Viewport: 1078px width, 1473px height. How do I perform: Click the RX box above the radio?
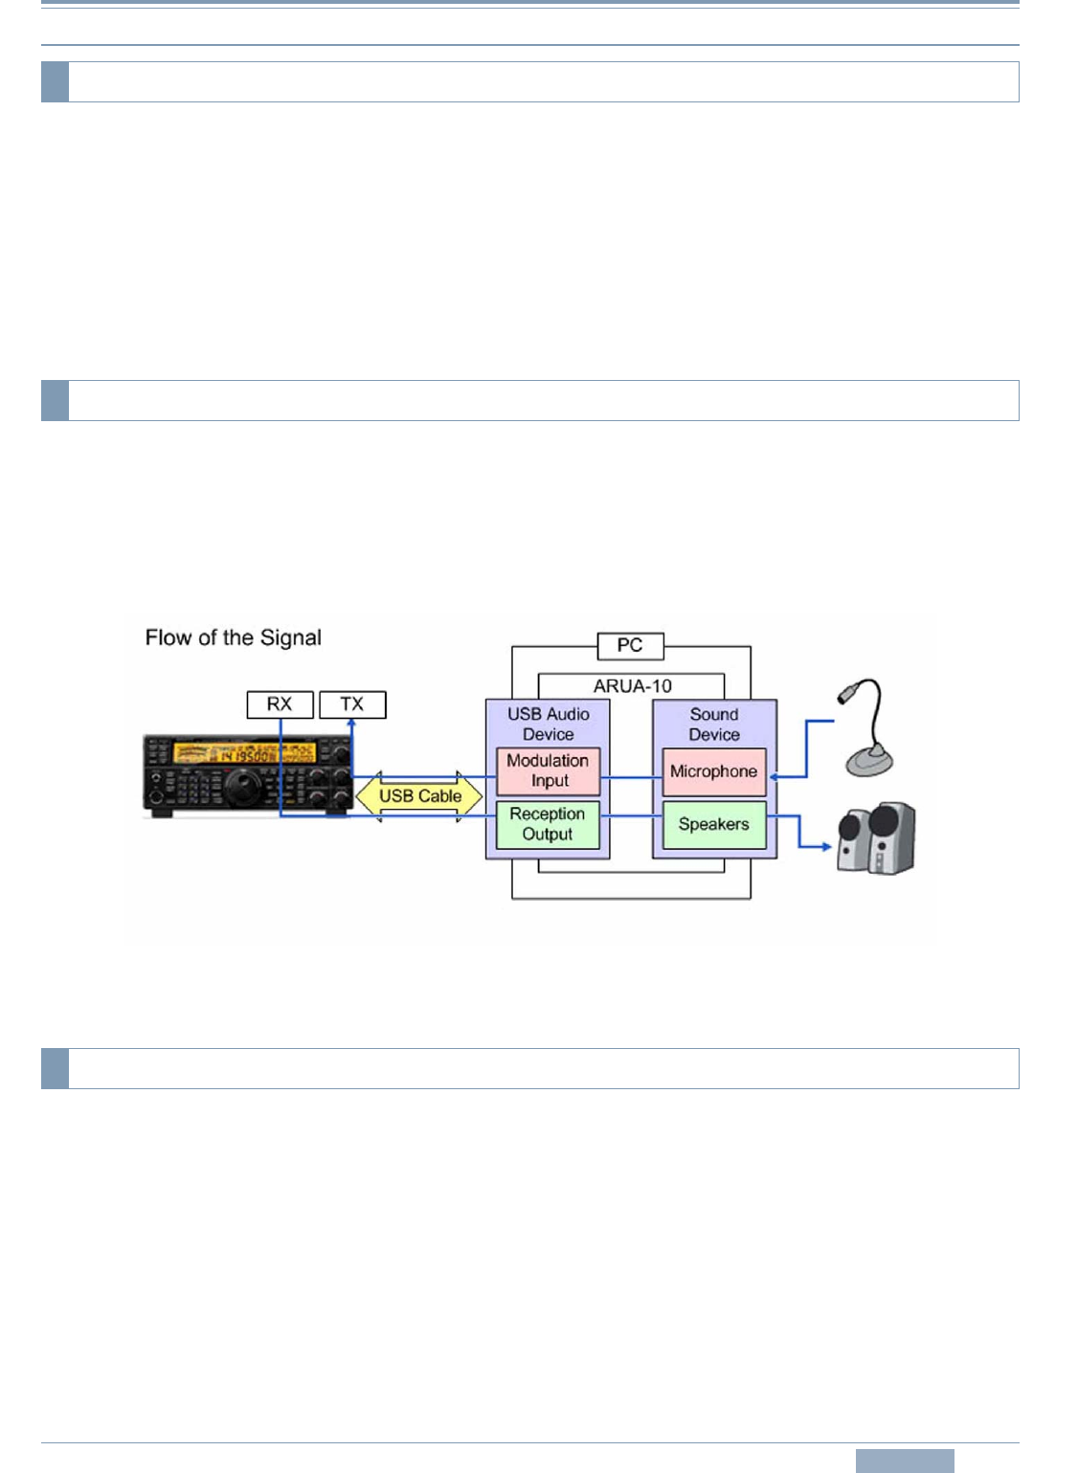(x=280, y=704)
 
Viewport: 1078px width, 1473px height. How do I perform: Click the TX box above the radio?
(x=352, y=704)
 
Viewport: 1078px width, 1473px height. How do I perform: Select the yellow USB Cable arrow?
(x=419, y=795)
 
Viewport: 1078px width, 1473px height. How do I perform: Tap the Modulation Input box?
(x=548, y=770)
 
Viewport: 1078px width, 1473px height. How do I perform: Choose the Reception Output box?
(x=548, y=824)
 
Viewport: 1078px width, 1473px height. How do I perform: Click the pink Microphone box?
(x=714, y=771)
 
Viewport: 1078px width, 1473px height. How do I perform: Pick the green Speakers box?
(x=714, y=824)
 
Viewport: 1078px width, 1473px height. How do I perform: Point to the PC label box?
(x=630, y=645)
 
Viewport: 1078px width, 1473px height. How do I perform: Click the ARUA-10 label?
(x=632, y=686)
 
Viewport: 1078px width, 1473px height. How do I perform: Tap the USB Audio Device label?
(x=549, y=725)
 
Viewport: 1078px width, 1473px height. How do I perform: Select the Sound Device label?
(x=714, y=725)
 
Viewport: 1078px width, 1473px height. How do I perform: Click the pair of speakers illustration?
(x=876, y=838)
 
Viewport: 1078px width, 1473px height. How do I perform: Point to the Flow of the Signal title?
(x=234, y=638)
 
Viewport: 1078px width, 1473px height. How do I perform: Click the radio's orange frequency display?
(x=243, y=753)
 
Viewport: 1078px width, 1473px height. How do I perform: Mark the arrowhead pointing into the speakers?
(x=826, y=846)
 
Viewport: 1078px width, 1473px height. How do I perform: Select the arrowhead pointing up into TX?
(x=351, y=724)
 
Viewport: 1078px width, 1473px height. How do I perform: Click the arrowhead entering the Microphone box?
(x=774, y=776)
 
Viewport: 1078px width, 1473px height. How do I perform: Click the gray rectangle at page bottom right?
(x=905, y=1461)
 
